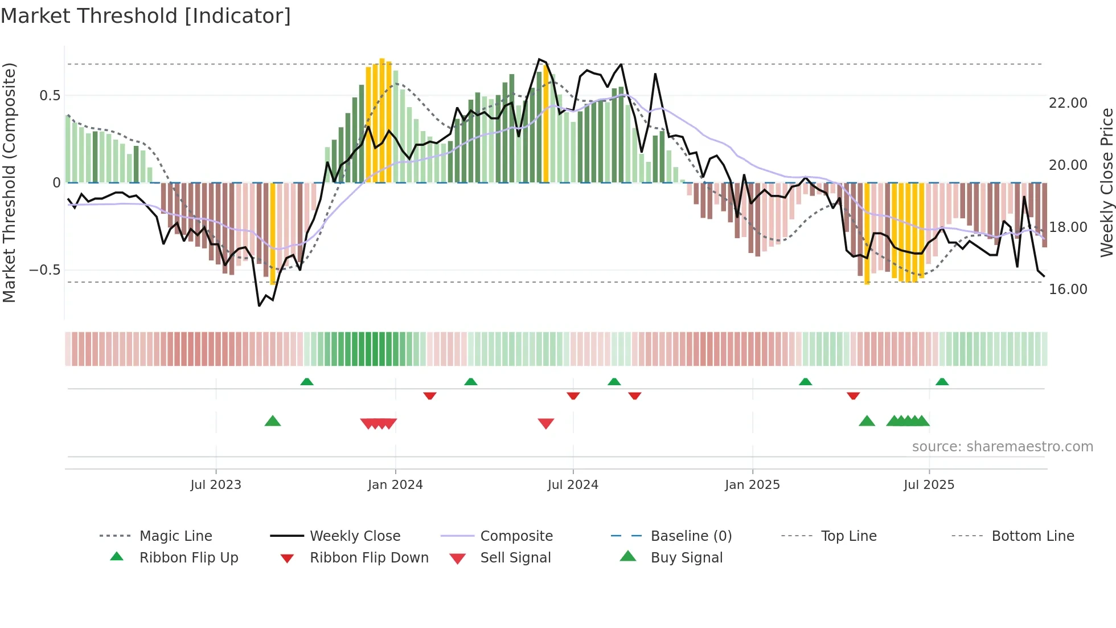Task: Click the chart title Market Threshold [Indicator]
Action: (146, 16)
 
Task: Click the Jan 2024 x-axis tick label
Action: (395, 484)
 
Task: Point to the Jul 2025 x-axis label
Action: (929, 484)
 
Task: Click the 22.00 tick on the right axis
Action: (1068, 103)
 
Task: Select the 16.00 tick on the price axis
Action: (1068, 289)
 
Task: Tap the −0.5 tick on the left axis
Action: (44, 270)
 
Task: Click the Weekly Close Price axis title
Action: (1106, 182)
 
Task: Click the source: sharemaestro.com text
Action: (1002, 446)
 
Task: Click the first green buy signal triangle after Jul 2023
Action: (273, 421)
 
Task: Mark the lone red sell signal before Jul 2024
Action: (546, 423)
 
